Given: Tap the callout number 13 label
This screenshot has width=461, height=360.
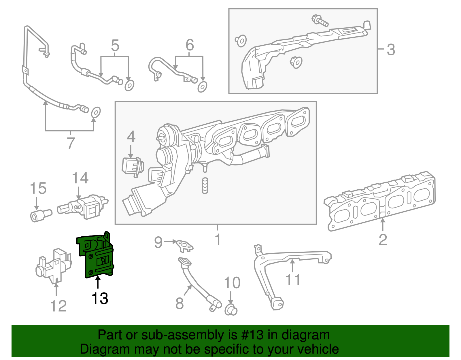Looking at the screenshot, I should tap(100, 299).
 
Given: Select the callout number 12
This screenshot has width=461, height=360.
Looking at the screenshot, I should tap(58, 306).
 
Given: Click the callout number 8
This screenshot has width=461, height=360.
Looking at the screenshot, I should tap(180, 303).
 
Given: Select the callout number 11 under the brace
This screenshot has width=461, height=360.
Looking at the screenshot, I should tap(293, 280).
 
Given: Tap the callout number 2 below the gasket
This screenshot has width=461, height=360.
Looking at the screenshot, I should tap(383, 240).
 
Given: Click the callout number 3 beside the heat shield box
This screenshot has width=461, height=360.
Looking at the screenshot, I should tap(391, 50).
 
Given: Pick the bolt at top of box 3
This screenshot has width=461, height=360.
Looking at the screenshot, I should tap(320, 20).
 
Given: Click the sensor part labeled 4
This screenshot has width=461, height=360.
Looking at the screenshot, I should tap(132, 166).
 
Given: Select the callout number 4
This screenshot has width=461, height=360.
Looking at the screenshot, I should tap(131, 137).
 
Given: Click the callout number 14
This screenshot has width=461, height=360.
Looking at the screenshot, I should tap(80, 178).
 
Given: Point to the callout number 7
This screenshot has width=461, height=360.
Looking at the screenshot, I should tap(71, 143).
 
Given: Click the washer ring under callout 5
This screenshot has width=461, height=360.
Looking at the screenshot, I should tap(129, 86).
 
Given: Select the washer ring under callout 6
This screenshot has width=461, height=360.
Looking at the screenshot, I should tap(202, 86).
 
